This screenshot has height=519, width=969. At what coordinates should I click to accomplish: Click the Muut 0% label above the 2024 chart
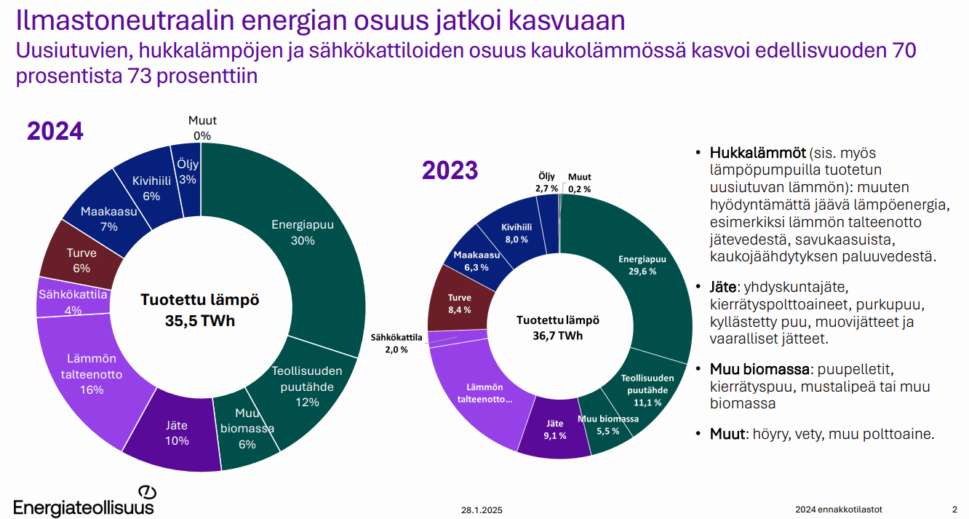coord(202,128)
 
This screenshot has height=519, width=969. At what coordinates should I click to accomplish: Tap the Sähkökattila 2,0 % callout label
coord(396,344)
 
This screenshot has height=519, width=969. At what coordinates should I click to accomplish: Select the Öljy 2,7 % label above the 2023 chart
coord(546,182)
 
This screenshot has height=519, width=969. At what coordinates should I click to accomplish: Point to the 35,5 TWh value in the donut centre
coord(200,321)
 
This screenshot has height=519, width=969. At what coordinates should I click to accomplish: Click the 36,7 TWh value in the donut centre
coord(557,336)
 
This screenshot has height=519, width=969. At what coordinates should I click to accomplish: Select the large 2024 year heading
coord(55,131)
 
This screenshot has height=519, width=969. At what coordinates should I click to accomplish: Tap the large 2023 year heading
coord(450,170)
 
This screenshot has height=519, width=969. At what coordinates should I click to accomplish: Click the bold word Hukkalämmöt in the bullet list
coord(758,153)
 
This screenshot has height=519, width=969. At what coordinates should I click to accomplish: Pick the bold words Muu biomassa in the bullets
coord(759,369)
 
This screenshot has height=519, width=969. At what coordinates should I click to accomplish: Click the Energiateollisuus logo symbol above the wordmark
coord(147,493)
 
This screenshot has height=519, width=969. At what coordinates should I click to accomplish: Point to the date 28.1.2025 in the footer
coord(482,510)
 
